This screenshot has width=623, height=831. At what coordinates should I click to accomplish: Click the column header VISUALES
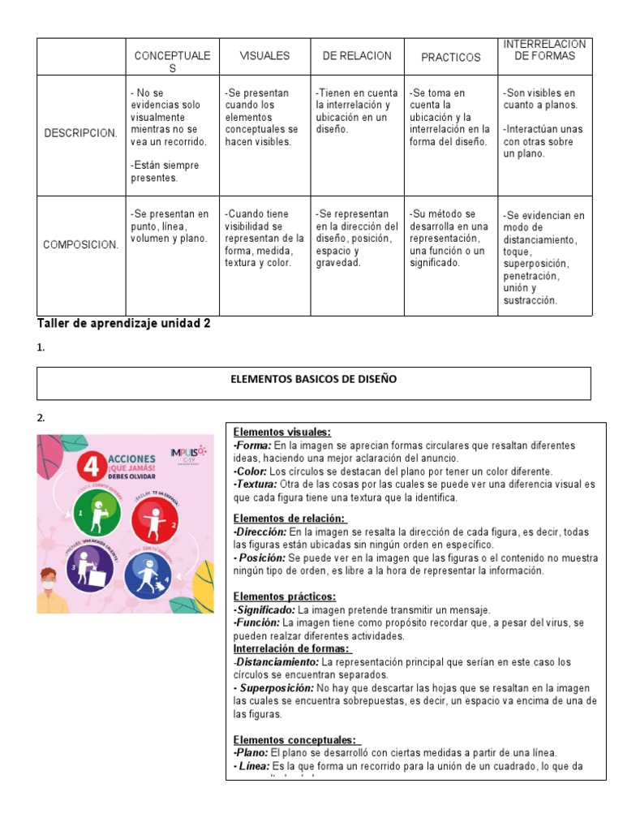tap(264, 56)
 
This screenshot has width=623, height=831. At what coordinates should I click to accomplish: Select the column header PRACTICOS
tap(450, 58)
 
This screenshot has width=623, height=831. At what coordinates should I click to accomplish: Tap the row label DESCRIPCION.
tap(79, 133)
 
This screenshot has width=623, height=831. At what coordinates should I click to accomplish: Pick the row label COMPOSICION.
tap(80, 244)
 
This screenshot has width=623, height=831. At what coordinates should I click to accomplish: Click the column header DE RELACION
tap(356, 56)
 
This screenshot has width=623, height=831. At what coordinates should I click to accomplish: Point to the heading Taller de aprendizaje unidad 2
tap(124, 323)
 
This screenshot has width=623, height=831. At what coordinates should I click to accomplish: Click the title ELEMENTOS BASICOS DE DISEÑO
tap(315, 380)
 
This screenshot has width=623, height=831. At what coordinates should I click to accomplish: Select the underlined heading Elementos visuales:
tap(281, 432)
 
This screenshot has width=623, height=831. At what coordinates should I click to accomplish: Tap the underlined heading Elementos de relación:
tap(289, 519)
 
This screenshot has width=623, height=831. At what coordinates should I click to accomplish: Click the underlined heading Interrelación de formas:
tap(291, 648)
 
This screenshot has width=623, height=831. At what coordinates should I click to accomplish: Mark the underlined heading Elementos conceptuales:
tap(296, 739)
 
